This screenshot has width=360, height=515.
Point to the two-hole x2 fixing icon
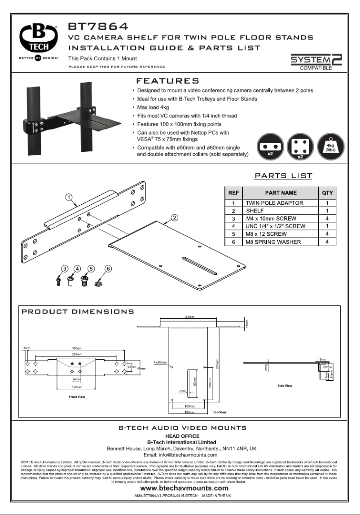[270, 147]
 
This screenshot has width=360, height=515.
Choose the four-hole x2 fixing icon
[300, 147]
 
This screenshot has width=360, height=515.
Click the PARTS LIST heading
[284, 176]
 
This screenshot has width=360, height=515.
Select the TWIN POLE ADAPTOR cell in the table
[274, 203]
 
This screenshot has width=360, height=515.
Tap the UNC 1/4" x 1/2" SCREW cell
[275, 226]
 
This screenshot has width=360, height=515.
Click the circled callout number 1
[69, 197]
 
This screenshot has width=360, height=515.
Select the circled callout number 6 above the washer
[108, 269]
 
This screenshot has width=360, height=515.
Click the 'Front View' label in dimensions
[77, 396]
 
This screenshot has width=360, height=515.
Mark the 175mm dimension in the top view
[189, 317]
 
